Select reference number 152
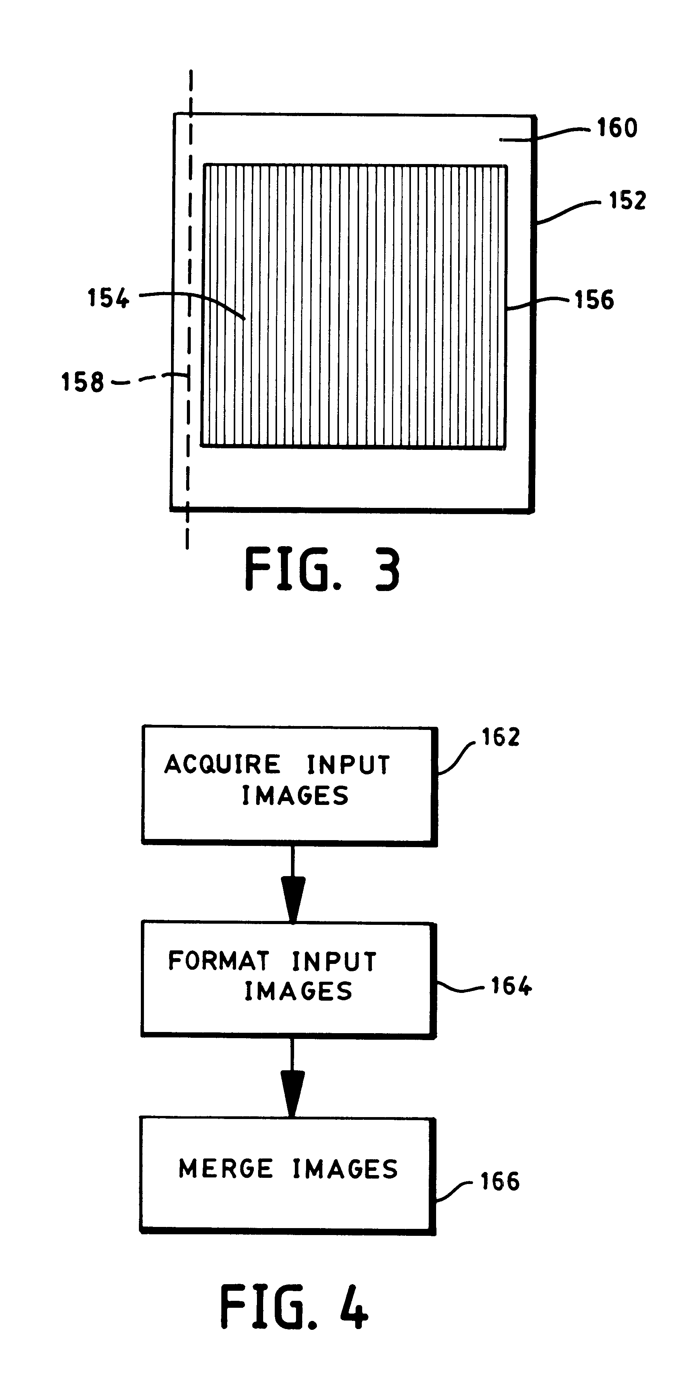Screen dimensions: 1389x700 [x=627, y=201]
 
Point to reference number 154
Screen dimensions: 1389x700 [x=108, y=298]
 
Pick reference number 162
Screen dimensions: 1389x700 [x=500, y=737]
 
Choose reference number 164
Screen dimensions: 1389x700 [x=511, y=986]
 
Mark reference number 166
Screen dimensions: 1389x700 [x=500, y=1181]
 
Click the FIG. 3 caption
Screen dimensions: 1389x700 [x=322, y=570]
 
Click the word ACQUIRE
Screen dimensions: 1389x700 [x=222, y=765]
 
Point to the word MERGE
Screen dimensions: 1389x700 [x=226, y=1169]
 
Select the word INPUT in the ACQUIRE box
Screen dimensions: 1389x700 [x=348, y=765]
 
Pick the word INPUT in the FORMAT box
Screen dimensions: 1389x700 [x=334, y=962]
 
